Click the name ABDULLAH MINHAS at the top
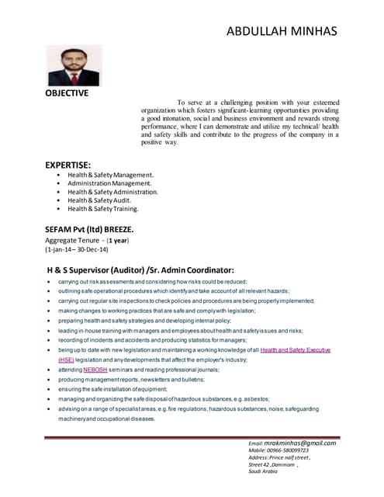[282, 31]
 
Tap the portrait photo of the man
[74, 65]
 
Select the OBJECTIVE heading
[67, 93]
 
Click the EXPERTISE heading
[68, 165]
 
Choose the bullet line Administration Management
[114, 183]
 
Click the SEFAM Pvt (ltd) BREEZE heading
[89, 230]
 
